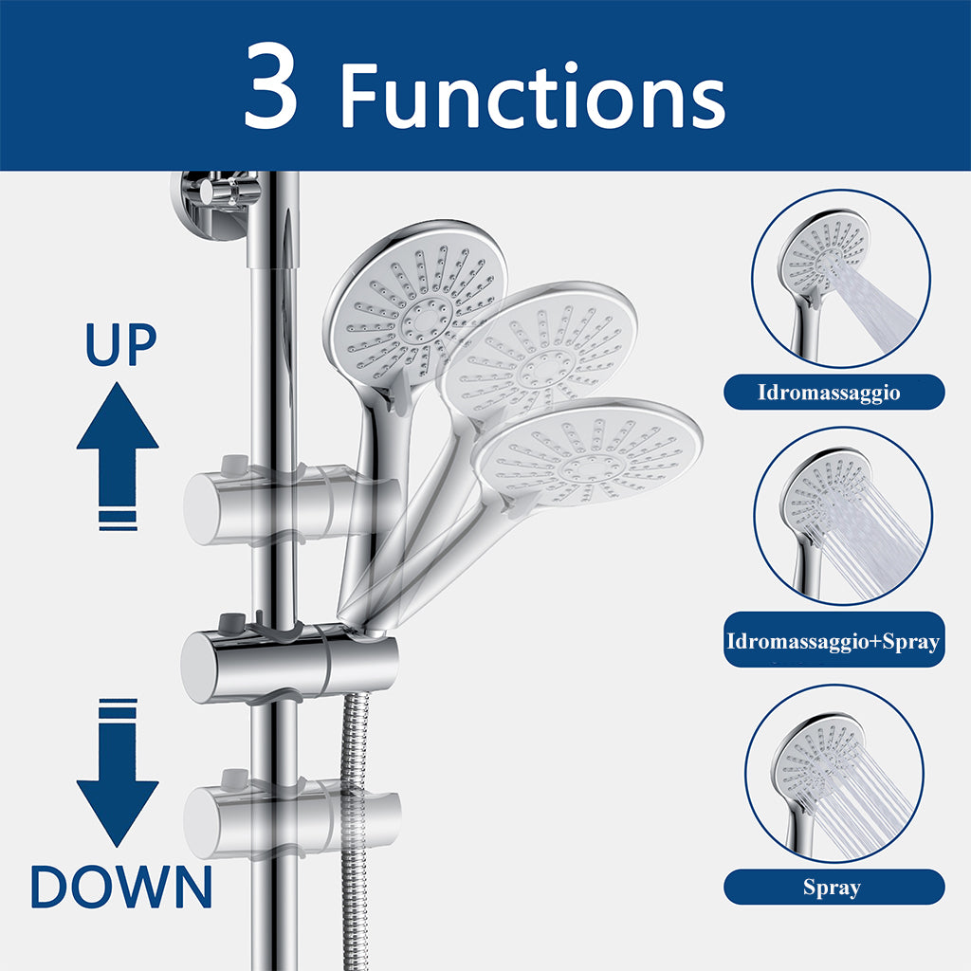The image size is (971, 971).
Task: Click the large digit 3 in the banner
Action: [270, 85]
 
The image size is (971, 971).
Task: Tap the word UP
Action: [120, 344]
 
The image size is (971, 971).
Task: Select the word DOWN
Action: [121, 887]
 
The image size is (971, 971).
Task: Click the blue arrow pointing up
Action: [118, 456]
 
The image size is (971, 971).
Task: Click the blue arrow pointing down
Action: [118, 772]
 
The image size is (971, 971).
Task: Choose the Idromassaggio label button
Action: [834, 392]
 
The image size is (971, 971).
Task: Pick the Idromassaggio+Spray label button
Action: [834, 640]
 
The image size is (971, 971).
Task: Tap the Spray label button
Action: [834, 888]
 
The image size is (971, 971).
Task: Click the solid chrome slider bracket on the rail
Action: [290, 666]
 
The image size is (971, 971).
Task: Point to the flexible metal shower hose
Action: [355, 830]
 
